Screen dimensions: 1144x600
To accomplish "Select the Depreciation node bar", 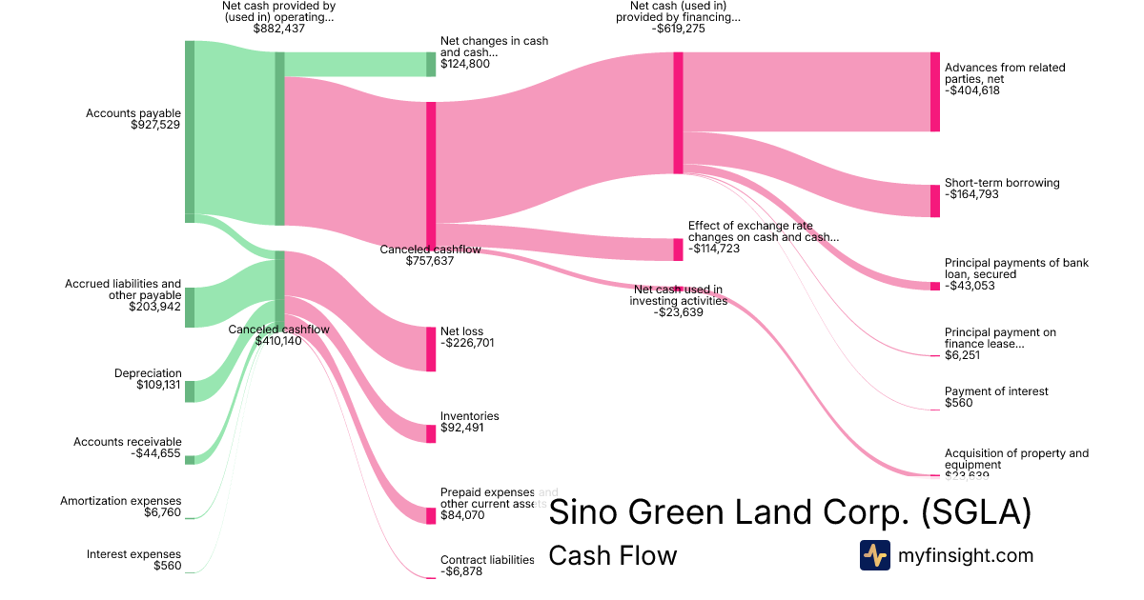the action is point(189,391).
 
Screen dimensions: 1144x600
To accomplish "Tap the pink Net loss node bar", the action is point(431,349).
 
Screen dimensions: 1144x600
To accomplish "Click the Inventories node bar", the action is point(431,433).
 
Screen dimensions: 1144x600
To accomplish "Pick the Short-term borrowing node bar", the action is point(935,201).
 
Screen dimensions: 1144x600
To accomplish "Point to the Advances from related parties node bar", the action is point(935,91).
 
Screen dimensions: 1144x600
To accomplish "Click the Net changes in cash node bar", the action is point(431,64).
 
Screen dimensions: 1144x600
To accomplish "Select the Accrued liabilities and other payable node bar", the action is point(189,307).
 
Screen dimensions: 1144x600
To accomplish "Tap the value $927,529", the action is point(155,125).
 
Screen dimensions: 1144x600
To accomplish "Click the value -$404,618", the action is point(971,91).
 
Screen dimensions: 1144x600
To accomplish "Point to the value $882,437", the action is point(279,29).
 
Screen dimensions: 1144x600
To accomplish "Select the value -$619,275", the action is point(679,29).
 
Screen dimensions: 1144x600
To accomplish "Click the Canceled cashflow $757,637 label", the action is point(430,254).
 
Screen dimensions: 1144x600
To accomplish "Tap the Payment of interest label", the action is point(996,391).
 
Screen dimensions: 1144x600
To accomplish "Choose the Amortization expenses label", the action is point(120,501).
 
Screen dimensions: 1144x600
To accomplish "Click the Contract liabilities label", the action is point(487,560).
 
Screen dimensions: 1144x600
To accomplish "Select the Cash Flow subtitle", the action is point(613,555).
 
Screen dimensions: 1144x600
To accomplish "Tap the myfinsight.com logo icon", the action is point(874,555).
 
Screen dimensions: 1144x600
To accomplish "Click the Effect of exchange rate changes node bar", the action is point(678,250).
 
